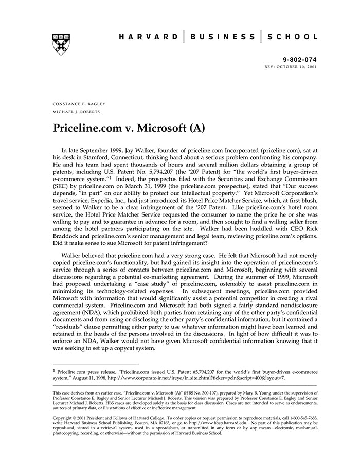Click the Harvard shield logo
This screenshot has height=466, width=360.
pyautogui.click(x=61, y=45)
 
